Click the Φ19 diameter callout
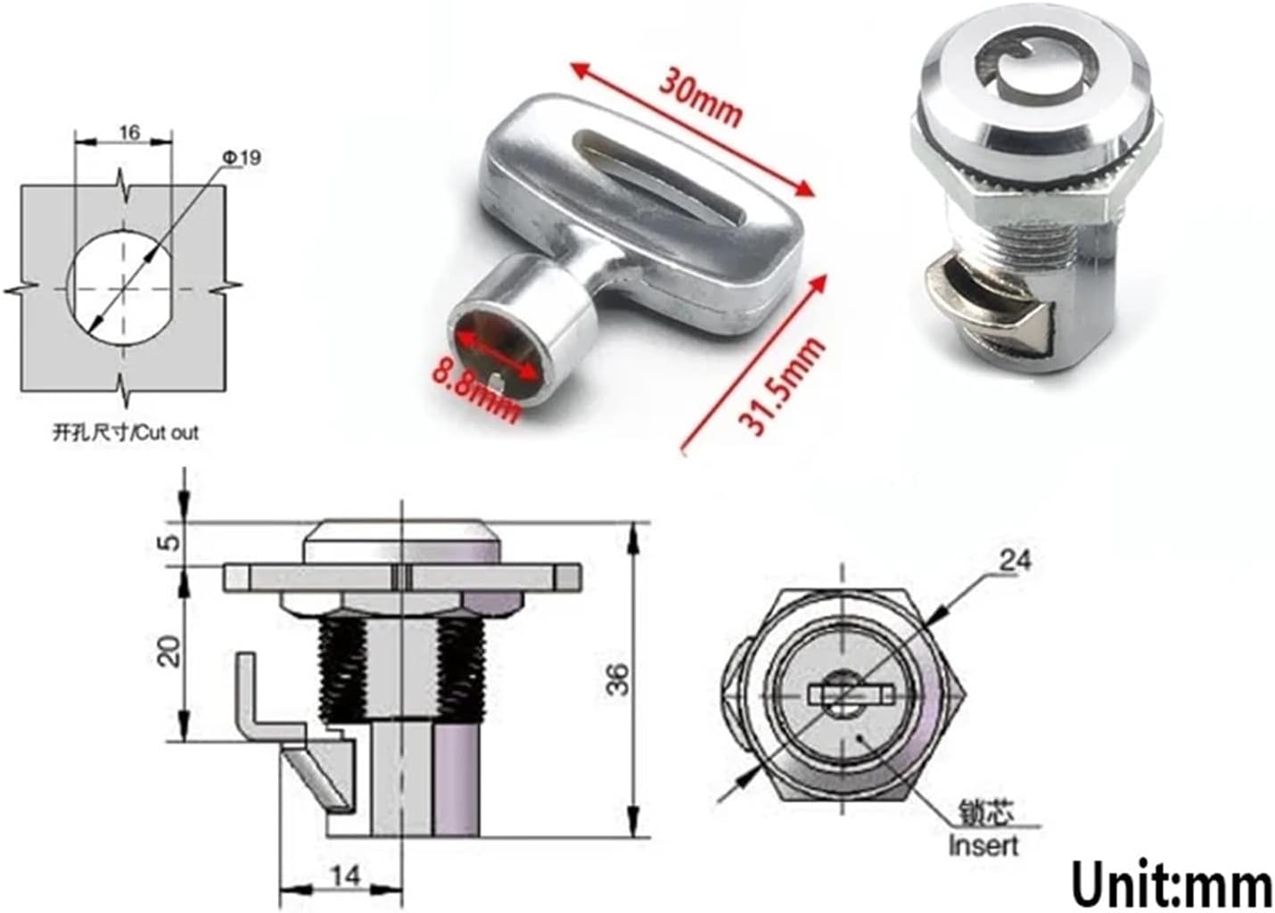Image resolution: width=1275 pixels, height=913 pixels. [x=243, y=158]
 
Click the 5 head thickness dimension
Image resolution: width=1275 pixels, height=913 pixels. [x=172, y=540]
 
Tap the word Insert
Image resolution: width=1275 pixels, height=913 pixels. [x=983, y=843]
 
